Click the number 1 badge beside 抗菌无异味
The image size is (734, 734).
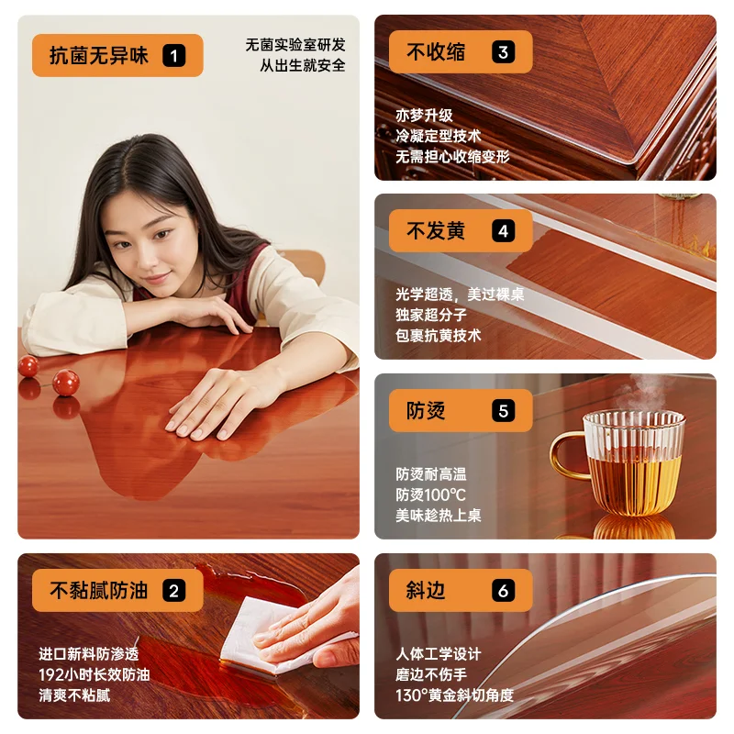[173, 55]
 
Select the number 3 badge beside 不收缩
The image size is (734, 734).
[502, 52]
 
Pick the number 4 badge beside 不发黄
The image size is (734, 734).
[502, 230]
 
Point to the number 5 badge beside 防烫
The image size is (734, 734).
[502, 410]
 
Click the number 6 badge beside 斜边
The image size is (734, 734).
[502, 591]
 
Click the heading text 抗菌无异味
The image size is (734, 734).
[98, 55]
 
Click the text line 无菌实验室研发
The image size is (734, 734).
[295, 44]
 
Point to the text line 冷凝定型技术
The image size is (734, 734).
[438, 136]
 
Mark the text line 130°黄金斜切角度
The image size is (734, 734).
[454, 695]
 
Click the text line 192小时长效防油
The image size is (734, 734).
[95, 674]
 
